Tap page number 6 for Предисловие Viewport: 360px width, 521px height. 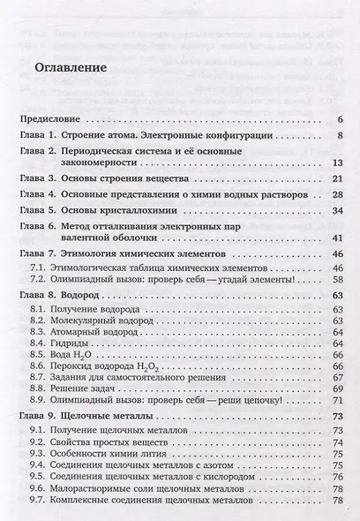coord(339,118)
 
